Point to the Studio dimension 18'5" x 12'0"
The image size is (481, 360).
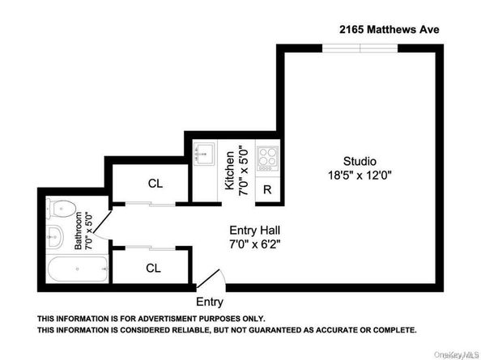pos(358,174)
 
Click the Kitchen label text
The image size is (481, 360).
pos(229,170)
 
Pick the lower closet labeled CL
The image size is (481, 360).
pos(153,268)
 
